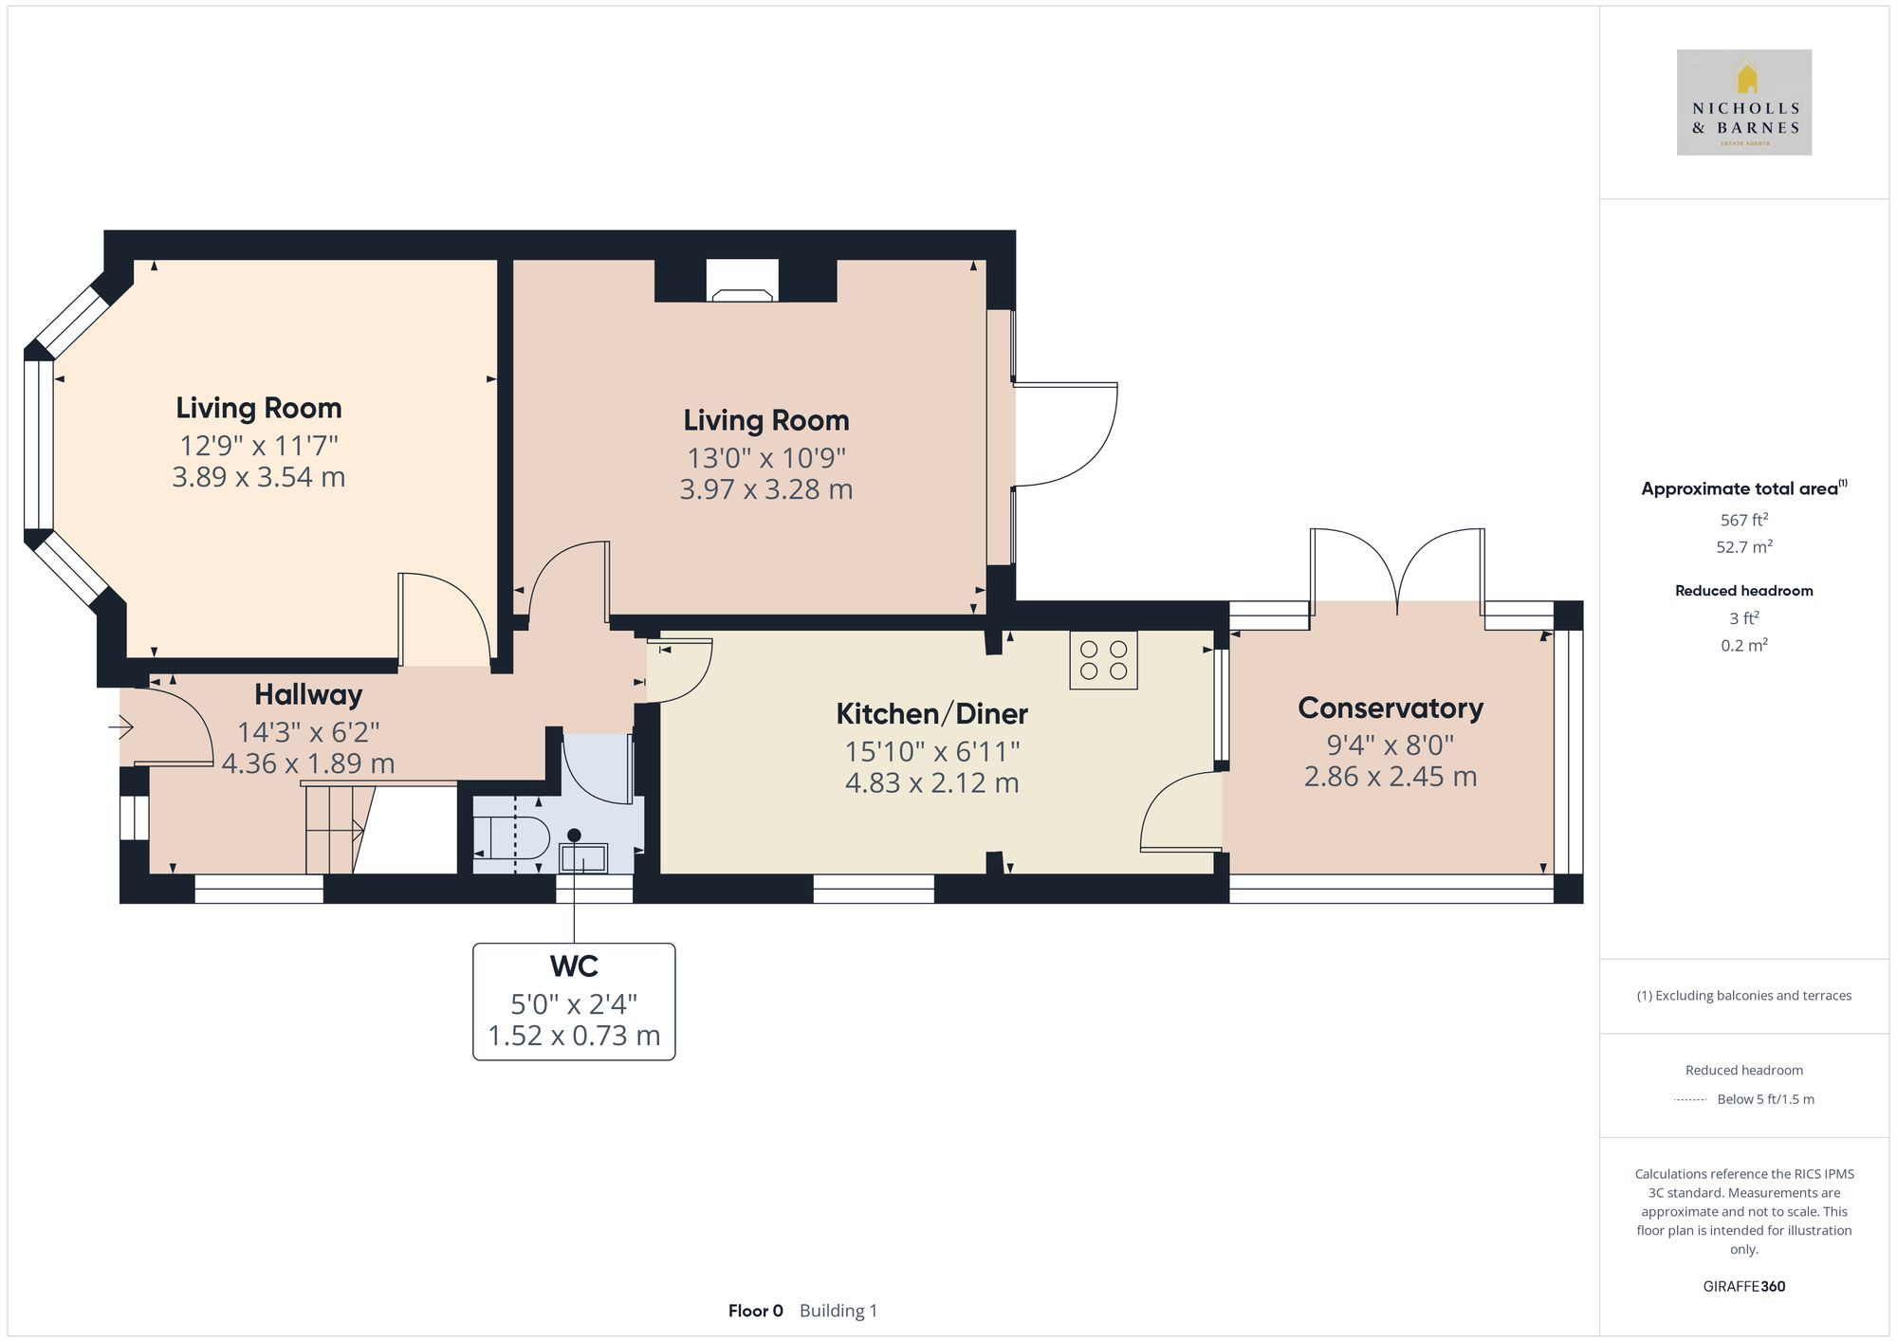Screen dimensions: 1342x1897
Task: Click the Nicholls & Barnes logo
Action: [1743, 102]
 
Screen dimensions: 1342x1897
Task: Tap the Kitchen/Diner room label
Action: [931, 713]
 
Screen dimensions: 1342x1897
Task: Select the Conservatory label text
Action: [1390, 708]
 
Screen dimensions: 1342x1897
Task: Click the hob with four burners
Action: [1103, 660]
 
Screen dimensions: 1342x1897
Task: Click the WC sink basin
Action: [582, 857]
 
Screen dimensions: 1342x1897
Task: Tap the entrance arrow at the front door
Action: [121, 728]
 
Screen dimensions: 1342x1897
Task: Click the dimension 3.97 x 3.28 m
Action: [765, 489]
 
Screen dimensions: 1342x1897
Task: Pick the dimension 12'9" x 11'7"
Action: [258, 445]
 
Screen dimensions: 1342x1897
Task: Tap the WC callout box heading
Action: [574, 966]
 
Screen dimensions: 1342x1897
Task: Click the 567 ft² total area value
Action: [1743, 520]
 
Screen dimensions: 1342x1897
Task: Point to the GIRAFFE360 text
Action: [1743, 1286]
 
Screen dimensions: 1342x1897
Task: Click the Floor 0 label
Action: [755, 1311]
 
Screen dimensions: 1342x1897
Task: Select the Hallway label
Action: [308, 694]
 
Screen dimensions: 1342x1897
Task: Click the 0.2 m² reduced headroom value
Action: [1743, 645]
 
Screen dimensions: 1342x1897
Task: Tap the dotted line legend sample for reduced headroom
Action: [1690, 1100]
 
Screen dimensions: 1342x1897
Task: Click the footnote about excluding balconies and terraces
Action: [1743, 996]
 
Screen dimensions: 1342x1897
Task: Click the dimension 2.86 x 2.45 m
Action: [1390, 777]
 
